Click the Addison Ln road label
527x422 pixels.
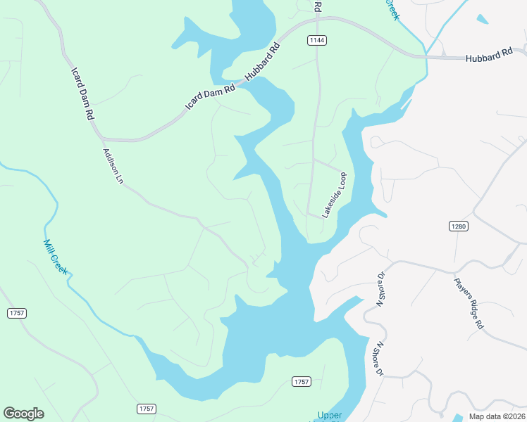[113, 166]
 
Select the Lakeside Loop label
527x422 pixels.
[335, 195]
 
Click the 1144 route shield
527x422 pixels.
[317, 40]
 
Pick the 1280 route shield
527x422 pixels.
[458, 226]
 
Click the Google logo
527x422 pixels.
[23, 414]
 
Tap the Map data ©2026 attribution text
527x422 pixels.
[496, 416]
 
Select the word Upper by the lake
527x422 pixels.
[329, 415]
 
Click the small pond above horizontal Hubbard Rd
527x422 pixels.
[482, 19]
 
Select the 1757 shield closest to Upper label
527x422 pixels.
[301, 381]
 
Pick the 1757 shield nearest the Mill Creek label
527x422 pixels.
[17, 313]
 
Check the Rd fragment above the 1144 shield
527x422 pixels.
[318, 6]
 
